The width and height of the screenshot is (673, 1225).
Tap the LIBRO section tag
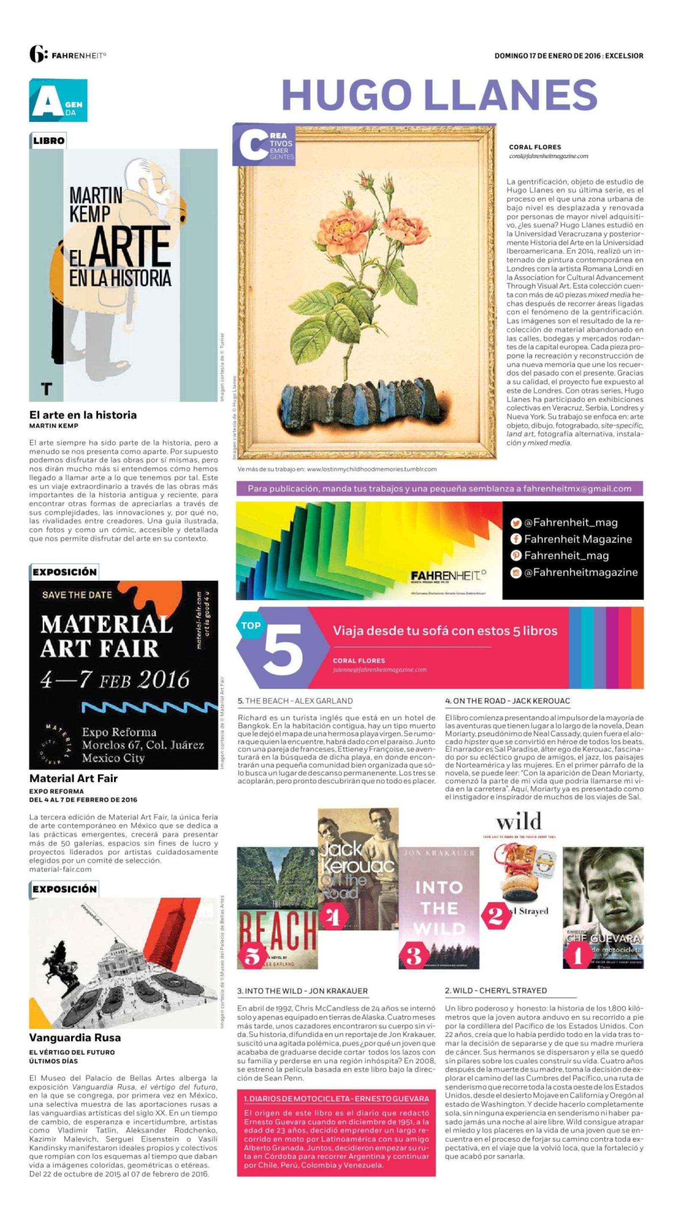tap(48, 141)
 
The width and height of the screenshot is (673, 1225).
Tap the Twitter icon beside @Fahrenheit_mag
tap(516, 522)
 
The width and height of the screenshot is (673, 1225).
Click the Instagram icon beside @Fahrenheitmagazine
tap(516, 573)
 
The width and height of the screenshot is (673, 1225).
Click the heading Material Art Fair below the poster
tap(73, 779)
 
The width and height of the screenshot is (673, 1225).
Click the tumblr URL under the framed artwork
tap(371, 469)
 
